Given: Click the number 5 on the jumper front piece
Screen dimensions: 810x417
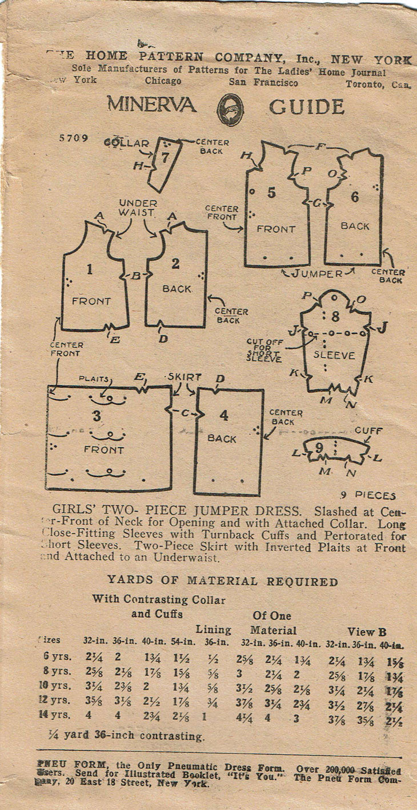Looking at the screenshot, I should tap(271, 193).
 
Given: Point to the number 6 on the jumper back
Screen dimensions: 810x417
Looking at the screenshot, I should tap(355, 197).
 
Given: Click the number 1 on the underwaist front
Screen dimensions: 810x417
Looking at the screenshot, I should tap(90, 269).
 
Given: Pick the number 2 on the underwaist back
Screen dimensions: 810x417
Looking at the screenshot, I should tap(175, 263).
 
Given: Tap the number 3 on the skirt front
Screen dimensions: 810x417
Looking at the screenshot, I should tap(97, 416).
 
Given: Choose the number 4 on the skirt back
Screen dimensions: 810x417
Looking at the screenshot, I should tap(223, 415).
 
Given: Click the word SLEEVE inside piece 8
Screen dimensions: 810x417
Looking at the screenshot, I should tap(334, 355).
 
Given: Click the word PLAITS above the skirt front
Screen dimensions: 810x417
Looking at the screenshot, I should tap(92, 378).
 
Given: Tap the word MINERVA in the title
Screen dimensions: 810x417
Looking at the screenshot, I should tap(151, 106).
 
